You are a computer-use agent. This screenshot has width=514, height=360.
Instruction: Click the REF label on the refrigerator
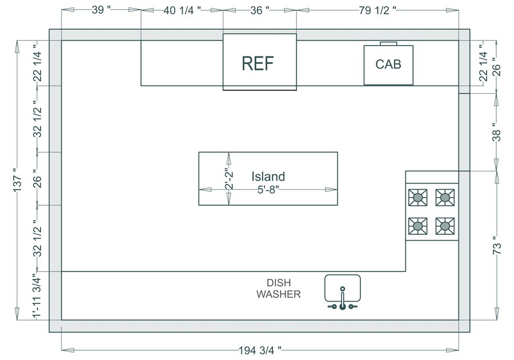(x=258, y=63)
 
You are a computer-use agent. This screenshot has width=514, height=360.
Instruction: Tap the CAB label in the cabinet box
(x=388, y=64)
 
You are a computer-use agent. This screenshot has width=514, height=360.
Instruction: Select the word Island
(x=268, y=177)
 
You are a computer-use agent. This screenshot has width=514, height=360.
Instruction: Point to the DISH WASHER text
(x=278, y=289)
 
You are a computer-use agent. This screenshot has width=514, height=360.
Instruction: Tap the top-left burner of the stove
(x=419, y=198)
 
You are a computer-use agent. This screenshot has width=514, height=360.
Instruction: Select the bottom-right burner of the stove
(x=445, y=226)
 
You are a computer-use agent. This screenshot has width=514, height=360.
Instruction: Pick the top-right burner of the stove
(x=445, y=198)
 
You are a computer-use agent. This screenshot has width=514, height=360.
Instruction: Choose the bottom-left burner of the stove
(x=419, y=226)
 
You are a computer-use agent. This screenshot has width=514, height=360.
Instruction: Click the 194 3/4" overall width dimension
(x=260, y=350)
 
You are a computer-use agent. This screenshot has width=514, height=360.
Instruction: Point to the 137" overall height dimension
(x=18, y=182)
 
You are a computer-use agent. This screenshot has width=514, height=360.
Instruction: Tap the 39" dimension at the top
(x=101, y=10)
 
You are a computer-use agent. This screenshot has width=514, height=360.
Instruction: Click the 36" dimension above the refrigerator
(x=259, y=10)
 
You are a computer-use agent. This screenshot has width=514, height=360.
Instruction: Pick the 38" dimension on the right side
(x=497, y=133)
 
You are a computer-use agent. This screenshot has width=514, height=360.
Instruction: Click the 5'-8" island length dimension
(x=268, y=189)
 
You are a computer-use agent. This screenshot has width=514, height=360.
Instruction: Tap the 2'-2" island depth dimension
(x=228, y=178)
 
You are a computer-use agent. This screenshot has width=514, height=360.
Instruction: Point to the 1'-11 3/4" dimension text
(x=37, y=296)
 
